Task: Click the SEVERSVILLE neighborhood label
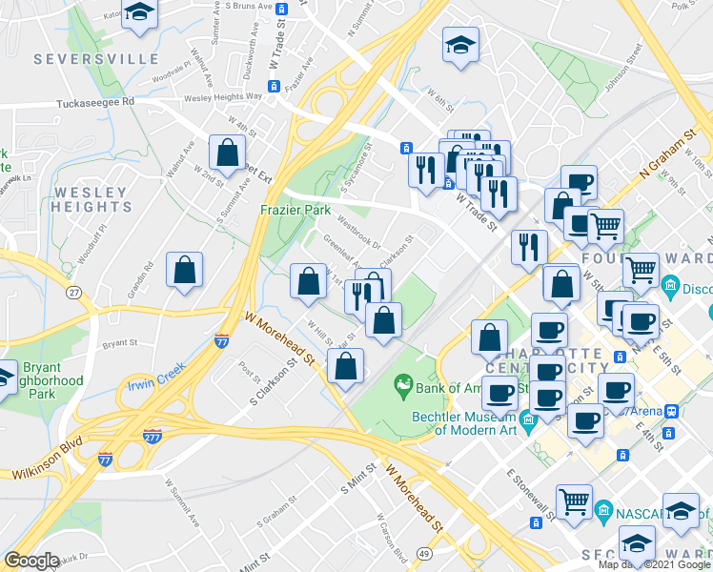pos(95,59)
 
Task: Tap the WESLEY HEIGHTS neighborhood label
pos(91,199)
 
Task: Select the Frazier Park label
pos(295,209)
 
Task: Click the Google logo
pos(31,561)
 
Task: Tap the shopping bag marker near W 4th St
pos(229,153)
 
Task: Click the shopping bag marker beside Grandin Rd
pos(185,271)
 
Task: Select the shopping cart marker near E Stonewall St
pos(574,501)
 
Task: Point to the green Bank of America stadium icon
pos(403,384)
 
